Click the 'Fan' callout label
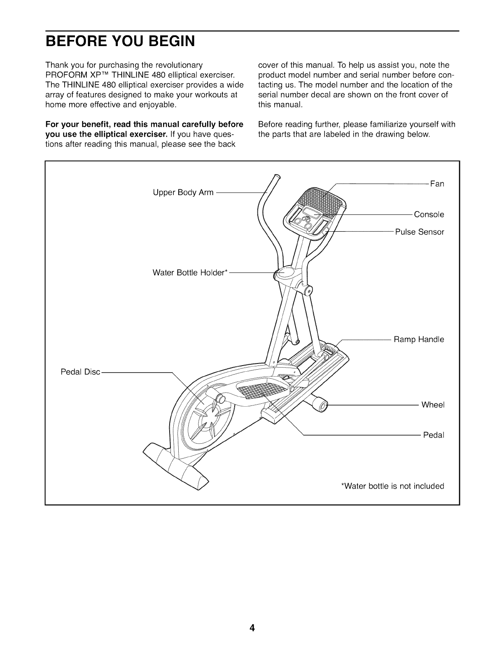point(437,184)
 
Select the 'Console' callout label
point(429,214)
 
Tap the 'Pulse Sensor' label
point(420,232)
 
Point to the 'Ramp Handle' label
point(419,340)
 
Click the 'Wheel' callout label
point(433,405)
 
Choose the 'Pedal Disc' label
point(80,372)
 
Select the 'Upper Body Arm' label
point(183,192)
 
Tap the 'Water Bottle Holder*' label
point(190,272)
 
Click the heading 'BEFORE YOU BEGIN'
point(120,42)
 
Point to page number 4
point(252,628)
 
